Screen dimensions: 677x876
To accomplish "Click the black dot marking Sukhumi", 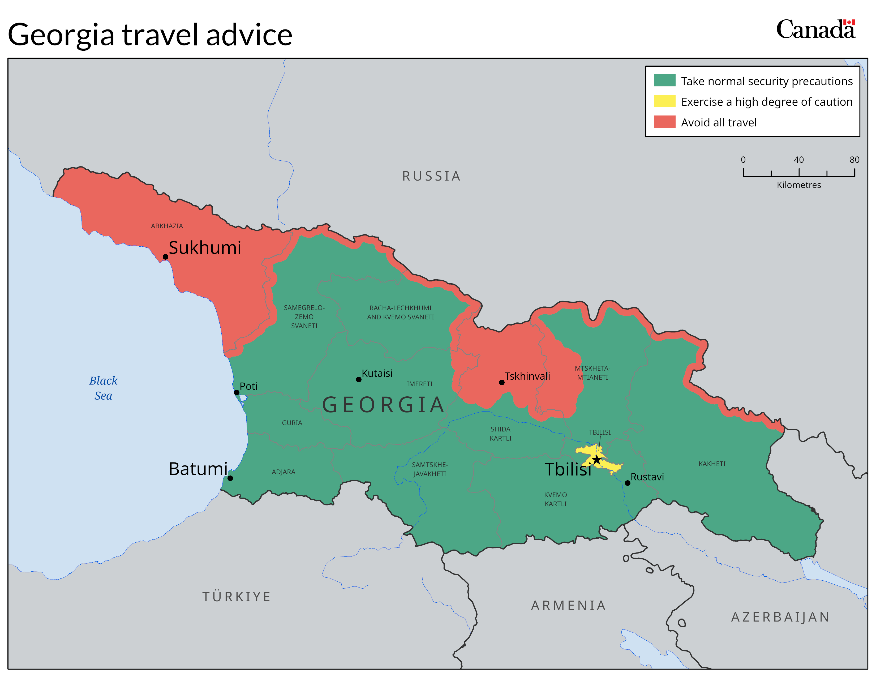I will [165, 257].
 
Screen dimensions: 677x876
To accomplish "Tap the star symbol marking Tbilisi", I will [597, 460].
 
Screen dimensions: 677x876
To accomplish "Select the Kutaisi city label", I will [377, 373].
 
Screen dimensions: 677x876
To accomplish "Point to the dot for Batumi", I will [230, 478].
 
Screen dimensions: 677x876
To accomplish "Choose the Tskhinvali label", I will [527, 376].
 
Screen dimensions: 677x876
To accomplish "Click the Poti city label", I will [248, 386].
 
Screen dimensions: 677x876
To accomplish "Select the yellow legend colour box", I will [665, 101].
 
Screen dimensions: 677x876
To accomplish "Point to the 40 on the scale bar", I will [798, 160].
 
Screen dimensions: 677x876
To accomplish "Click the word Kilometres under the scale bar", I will [798, 185].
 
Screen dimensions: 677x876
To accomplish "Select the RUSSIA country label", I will [432, 176].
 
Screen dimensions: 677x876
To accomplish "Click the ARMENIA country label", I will [568, 606].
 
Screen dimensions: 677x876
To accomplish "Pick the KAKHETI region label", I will [712, 464].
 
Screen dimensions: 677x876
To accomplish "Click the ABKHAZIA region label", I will [167, 226].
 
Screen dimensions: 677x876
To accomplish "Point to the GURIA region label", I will [292, 423].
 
